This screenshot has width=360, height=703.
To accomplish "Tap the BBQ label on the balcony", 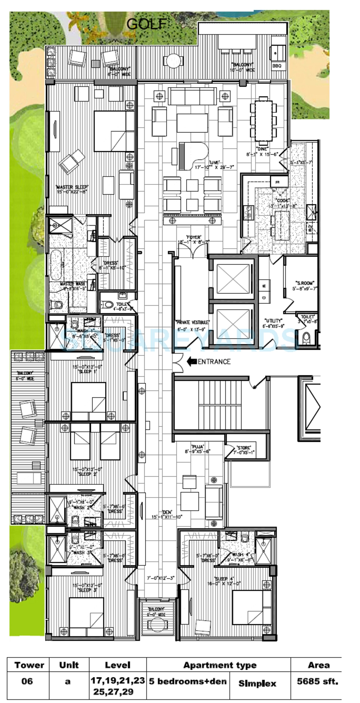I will coord(277,66).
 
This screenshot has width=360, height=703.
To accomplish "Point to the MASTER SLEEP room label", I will coord(72,187).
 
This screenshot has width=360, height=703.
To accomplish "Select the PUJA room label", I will coord(198,447).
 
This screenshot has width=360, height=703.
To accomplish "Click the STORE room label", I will coord(244,448).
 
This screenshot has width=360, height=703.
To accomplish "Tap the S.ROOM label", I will coord(305,283).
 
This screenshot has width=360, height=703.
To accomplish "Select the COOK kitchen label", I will coord(282,200).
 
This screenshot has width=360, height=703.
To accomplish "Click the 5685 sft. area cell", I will coord(317,681).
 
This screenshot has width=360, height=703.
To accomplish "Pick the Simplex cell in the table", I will coord(257,683).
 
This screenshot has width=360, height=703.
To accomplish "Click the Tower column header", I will coord(29,665).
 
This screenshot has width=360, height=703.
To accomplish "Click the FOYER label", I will coord(194,237).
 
